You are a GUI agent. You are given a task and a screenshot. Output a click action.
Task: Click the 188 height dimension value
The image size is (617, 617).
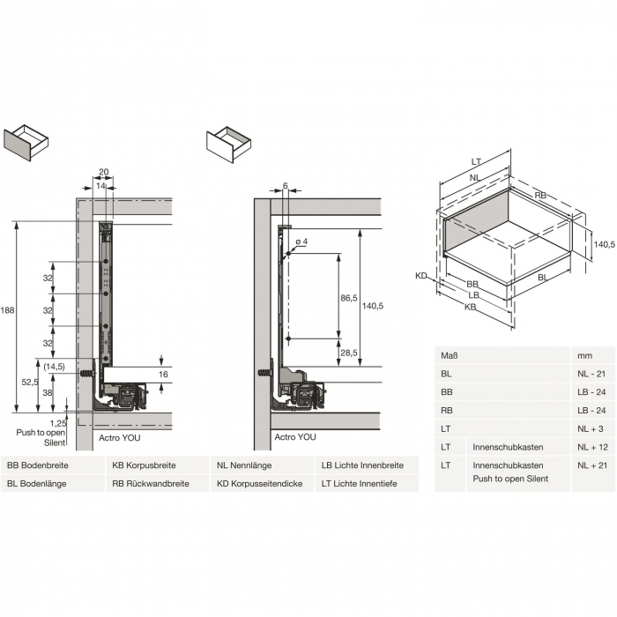pos(7,310)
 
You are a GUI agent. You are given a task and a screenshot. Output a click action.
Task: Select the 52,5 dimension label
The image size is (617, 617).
pos(30,382)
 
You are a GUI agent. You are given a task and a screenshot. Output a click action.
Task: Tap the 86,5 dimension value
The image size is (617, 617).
pos(349,298)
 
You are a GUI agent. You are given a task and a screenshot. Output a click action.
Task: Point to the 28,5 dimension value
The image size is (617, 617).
pos(349,353)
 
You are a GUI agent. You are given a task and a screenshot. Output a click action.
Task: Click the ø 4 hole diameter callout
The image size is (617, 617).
pos(301,242)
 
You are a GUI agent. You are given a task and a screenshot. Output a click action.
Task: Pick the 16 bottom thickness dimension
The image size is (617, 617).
pos(163,375)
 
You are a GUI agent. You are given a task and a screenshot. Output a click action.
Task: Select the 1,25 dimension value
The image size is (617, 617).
pos(58,423)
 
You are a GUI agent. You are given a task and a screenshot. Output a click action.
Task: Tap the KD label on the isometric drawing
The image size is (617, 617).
pos(421,276)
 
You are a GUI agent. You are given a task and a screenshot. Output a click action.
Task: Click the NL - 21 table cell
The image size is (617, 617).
pos(591,374)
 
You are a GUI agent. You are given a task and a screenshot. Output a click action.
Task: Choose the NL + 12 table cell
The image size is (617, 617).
pos(592,447)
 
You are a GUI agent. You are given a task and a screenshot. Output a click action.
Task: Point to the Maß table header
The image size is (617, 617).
pos(450,356)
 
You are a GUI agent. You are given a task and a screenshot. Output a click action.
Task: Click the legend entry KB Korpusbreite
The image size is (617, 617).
pos(144,465)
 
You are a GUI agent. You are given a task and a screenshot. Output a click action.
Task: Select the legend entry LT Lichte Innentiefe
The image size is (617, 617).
pos(360,484)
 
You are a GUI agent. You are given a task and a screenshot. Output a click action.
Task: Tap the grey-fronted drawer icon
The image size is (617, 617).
pos(26,143)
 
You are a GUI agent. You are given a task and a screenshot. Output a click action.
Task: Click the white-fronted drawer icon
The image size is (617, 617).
pos(228,145)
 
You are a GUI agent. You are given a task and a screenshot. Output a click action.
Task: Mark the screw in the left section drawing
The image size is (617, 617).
pos(87,373)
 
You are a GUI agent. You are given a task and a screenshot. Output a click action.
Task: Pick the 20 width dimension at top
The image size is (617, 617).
pos(103,172)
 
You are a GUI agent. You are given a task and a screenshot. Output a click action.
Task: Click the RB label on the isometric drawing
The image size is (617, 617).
pos(540,196)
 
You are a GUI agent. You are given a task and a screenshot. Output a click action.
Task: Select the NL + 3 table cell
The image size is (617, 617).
pos(591,429)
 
